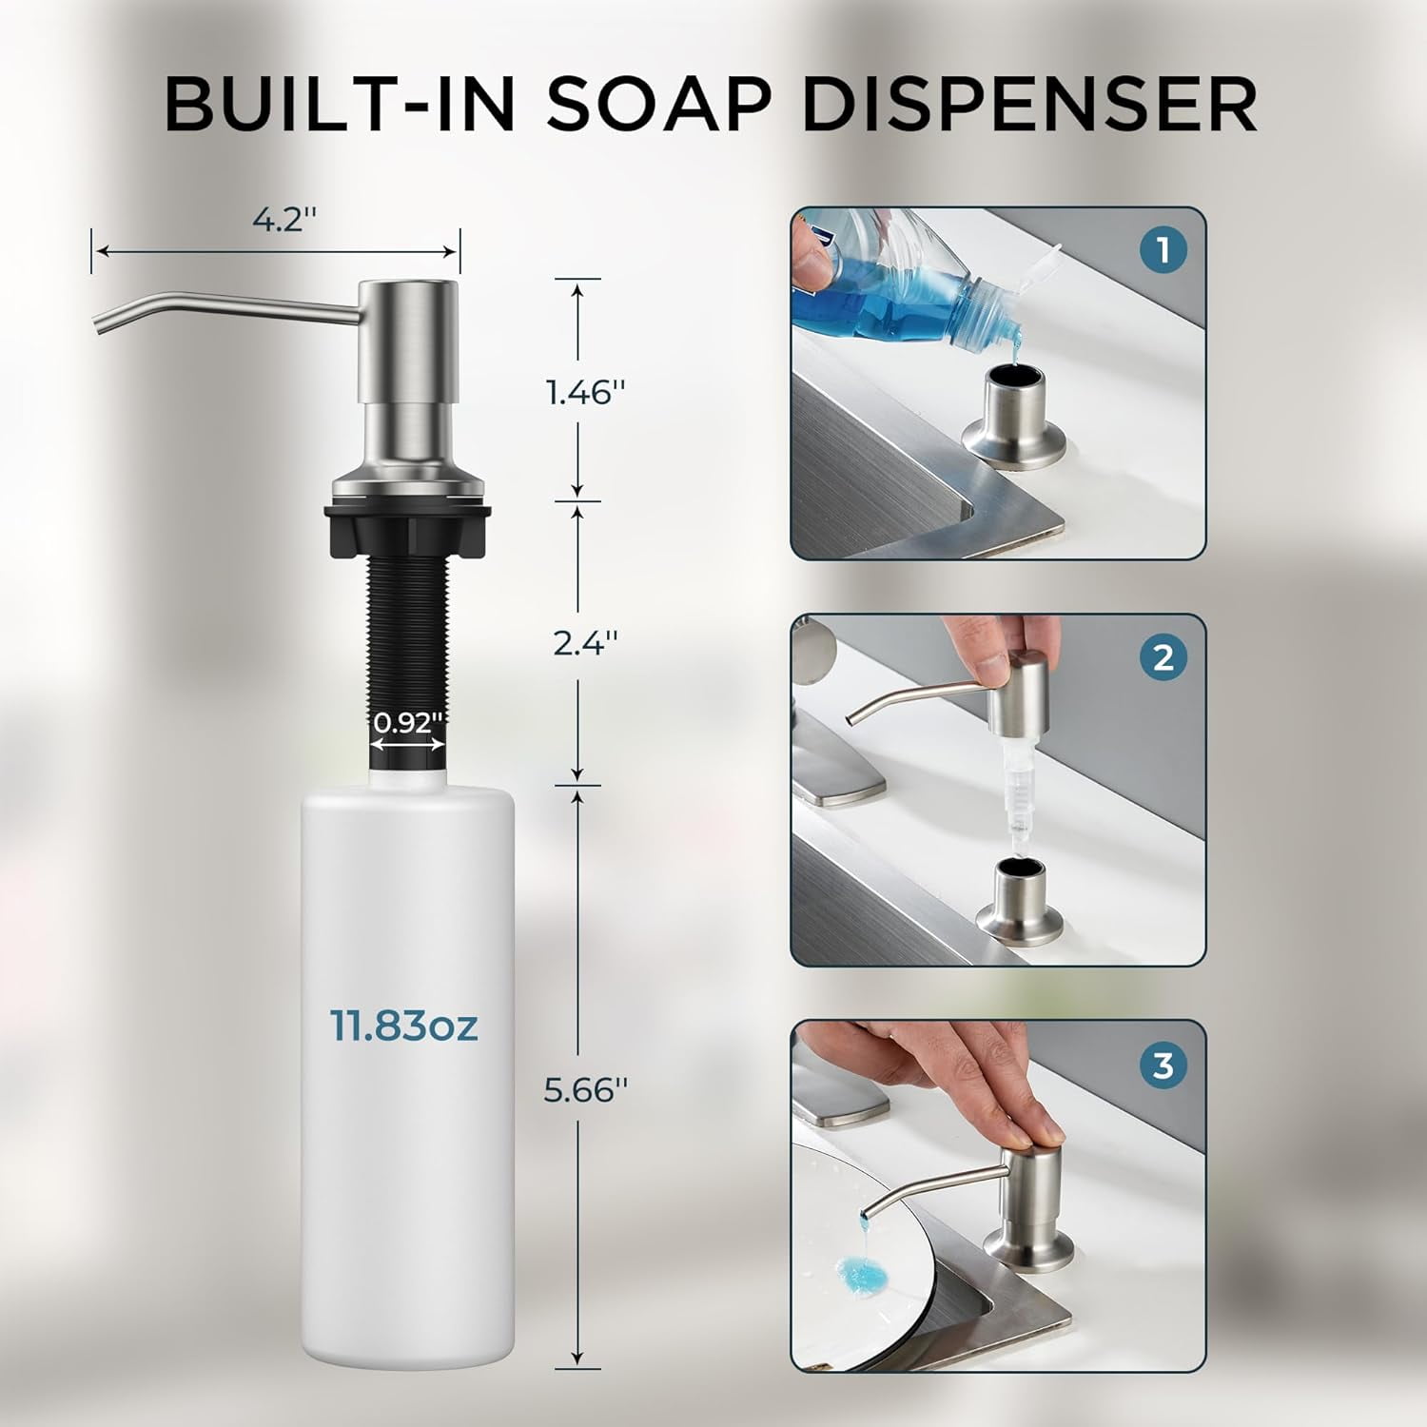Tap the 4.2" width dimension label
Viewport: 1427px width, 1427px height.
tap(283, 221)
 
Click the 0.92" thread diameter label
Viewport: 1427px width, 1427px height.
tap(408, 722)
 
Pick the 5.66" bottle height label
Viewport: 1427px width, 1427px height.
tap(585, 1090)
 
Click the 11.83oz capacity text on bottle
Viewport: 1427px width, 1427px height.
tap(403, 1026)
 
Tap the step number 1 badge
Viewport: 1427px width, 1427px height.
tap(1163, 251)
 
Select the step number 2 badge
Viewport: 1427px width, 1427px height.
tap(1163, 658)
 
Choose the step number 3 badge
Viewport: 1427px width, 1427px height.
tap(1163, 1065)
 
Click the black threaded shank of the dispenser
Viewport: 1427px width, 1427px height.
tap(408, 628)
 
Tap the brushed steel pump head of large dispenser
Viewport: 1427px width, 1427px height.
tap(408, 342)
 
